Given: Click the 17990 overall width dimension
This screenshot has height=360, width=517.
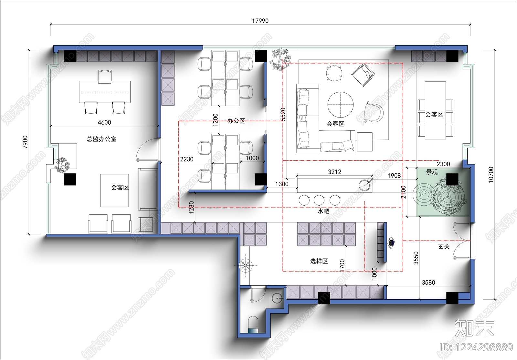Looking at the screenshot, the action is pos(260,21).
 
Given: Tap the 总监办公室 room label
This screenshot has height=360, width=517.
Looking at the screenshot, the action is pos(101,139).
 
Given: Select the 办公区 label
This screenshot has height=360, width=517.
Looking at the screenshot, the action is pos(236,121).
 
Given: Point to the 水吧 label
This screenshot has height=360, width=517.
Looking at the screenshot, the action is pos(323,211).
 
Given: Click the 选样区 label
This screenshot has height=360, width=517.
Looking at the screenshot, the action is pos(319,261).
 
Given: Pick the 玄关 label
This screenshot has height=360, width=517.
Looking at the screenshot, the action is pos(444,247).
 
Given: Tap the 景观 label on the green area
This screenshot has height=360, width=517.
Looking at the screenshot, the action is pos(432,172).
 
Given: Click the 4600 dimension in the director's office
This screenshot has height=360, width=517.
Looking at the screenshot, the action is pos(104,122).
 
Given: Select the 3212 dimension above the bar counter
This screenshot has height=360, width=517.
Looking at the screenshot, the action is pos(334,172).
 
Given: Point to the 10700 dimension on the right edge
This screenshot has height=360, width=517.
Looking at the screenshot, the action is pos(491,175).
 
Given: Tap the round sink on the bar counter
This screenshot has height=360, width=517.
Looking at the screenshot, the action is pos(365,185).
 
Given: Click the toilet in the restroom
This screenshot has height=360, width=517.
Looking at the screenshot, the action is pos(253,324).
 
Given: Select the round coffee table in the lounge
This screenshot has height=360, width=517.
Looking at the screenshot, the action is pos(341,105).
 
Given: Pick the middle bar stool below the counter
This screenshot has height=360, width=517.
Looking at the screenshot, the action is pos(319,200).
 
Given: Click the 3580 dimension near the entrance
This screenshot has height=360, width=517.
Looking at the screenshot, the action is pos(428,283).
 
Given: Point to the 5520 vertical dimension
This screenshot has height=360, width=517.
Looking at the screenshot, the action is pos(283,114).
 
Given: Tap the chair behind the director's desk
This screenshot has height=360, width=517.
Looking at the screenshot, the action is pos(105,77).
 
